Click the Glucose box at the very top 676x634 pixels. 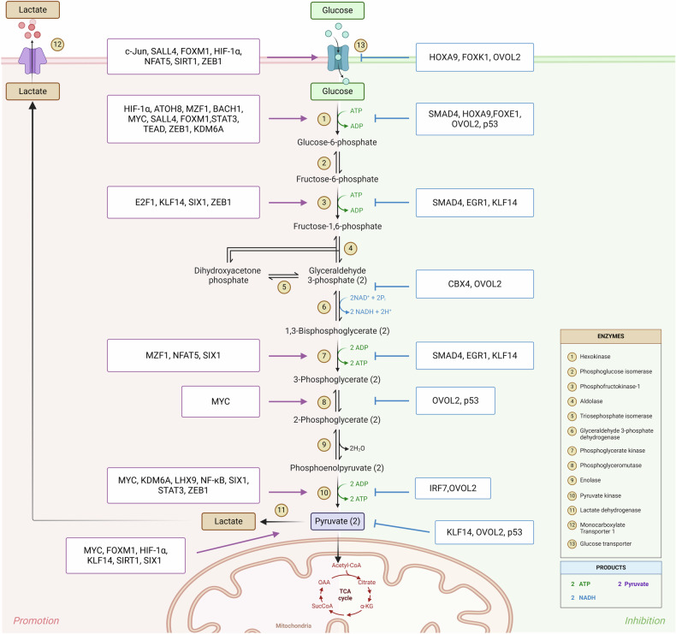click(337, 10)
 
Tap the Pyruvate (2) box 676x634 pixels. click(337, 521)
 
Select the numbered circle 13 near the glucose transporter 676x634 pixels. click(360, 45)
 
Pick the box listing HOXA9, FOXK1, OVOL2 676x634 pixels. click(475, 57)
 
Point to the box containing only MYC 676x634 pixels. click(220, 401)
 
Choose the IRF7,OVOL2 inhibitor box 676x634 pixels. click(453, 489)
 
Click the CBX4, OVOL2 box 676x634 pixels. click(475, 284)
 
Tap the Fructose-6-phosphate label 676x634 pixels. click(337, 179)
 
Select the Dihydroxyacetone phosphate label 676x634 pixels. click(228, 276)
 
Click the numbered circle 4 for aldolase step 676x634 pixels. click(351, 248)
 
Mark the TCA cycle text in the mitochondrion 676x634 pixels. click(345, 595)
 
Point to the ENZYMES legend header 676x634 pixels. click(610, 336)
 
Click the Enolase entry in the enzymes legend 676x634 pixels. click(590, 480)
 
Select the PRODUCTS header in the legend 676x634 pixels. click(610, 567)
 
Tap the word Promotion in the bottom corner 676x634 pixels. click(36, 620)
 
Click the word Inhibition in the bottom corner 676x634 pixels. click(645, 620)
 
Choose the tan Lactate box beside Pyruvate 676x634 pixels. click(228, 522)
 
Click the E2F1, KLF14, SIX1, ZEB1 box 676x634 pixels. click(183, 202)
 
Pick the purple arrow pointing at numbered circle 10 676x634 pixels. click(288, 492)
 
